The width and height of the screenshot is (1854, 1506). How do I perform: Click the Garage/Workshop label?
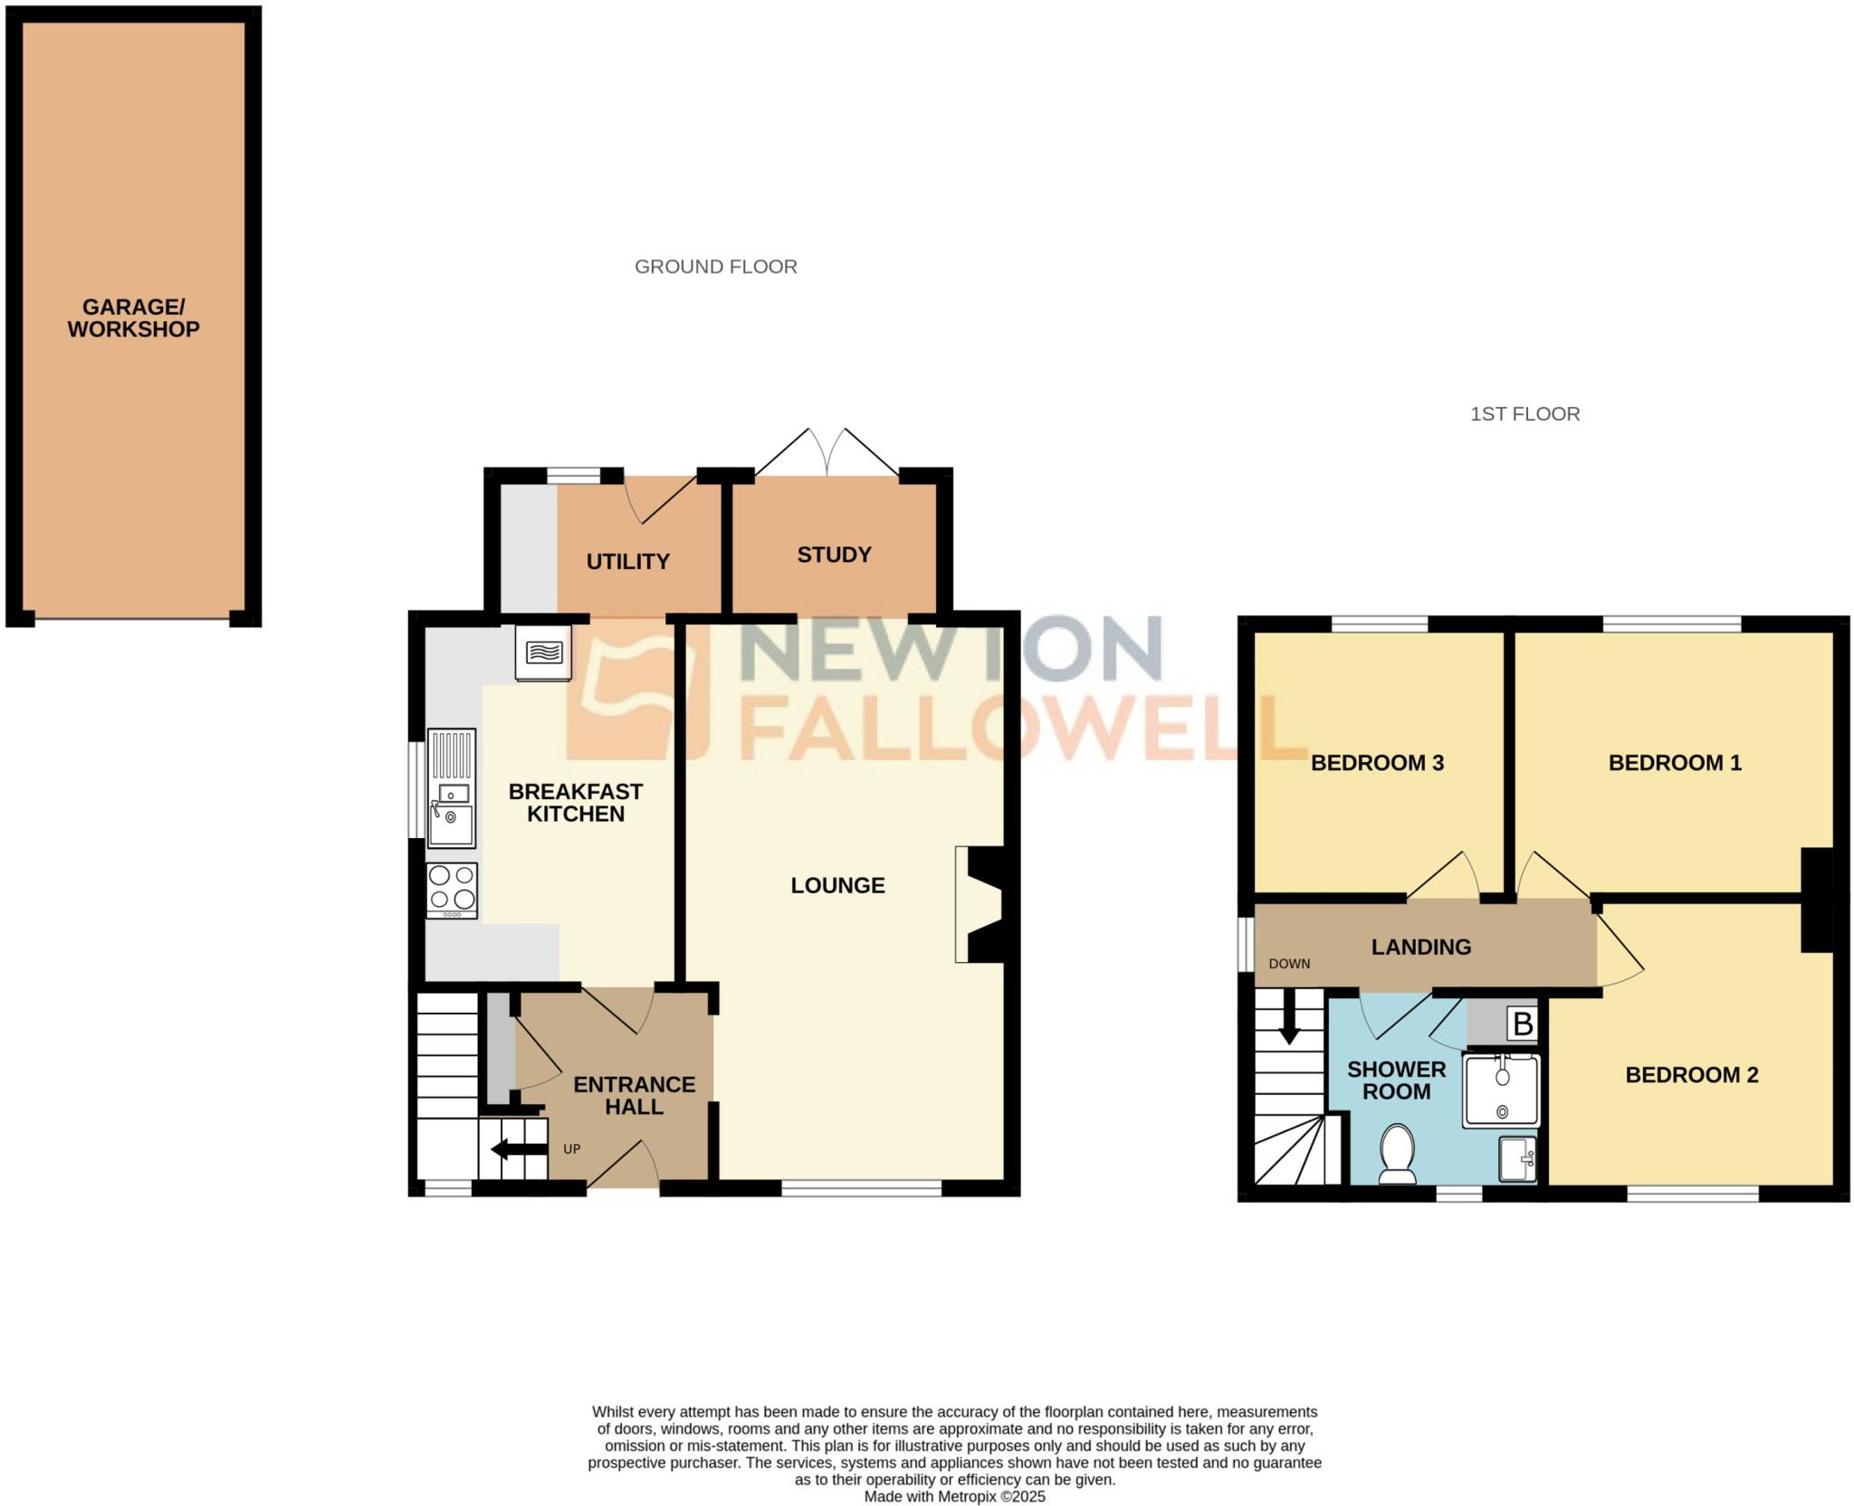click(x=133, y=319)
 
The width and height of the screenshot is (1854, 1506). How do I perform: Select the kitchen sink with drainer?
click(x=451, y=788)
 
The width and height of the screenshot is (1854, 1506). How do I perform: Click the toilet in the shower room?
click(x=1398, y=1154)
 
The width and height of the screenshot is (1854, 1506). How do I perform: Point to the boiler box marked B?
click(x=1523, y=1025)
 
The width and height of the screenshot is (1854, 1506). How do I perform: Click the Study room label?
click(x=834, y=555)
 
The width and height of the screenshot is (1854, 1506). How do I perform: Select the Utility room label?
click(x=627, y=562)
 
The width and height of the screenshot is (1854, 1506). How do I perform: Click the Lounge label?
click(x=837, y=885)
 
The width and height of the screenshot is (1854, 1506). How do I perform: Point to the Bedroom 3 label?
click(x=1377, y=763)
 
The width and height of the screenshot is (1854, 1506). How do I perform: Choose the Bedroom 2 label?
click(x=1691, y=1075)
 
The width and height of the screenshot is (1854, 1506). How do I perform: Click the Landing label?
click(x=1420, y=947)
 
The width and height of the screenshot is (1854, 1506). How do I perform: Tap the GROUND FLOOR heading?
click(x=715, y=267)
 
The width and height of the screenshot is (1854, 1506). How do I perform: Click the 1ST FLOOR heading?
click(x=1524, y=415)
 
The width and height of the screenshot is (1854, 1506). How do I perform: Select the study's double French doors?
click(x=827, y=452)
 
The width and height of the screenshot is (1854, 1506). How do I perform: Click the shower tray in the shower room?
click(x=1501, y=1091)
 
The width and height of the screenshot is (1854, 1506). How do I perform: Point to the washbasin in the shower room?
click(x=1517, y=1159)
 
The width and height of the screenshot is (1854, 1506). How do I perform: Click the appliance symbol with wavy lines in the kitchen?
click(x=543, y=652)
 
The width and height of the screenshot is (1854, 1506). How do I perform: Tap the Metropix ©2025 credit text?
click(x=954, y=1497)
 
